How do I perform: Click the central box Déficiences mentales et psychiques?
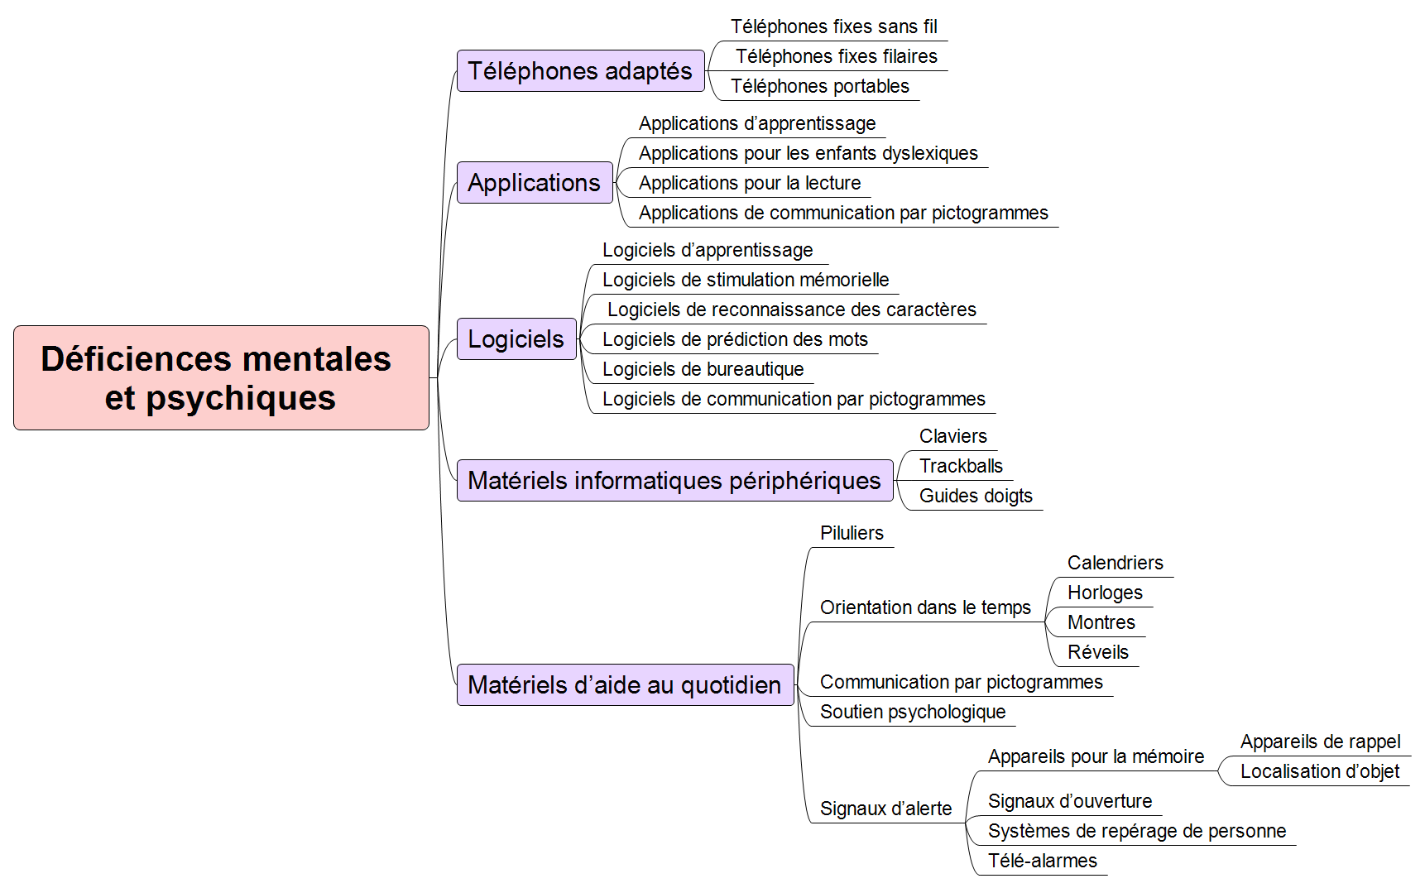pos(221,377)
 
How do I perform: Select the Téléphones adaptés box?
pos(581,70)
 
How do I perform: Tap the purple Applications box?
pos(535,182)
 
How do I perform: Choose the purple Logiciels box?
pos(516,338)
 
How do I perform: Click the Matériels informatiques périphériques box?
pos(675,480)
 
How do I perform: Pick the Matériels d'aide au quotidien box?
pos(626,684)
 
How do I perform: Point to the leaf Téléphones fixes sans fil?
pos(834,26)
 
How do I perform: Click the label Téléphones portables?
pos(820,86)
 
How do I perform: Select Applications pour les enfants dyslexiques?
pos(808,153)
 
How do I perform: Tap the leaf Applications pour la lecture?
pos(750,183)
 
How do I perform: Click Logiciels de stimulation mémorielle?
pos(746,280)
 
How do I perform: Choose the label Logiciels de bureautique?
pos(703,369)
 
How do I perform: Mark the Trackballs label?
pos(961,466)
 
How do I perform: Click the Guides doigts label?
pos(976,496)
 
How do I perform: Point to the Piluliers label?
pos(852,533)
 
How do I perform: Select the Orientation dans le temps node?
pos(925,607)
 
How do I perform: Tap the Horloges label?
pos(1105,593)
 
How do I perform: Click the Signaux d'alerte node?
pos(885,809)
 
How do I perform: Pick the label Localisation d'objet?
pos(1320,771)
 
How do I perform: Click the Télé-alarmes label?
pos(1043,861)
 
